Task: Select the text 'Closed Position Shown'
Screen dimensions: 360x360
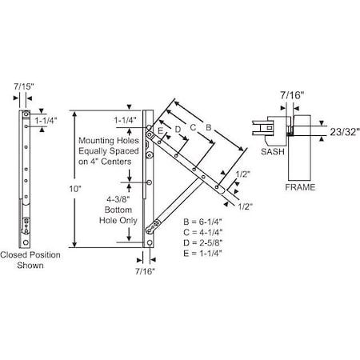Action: point(30,261)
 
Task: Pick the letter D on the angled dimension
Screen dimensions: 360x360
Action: point(178,128)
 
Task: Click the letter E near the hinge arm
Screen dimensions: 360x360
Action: point(160,130)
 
